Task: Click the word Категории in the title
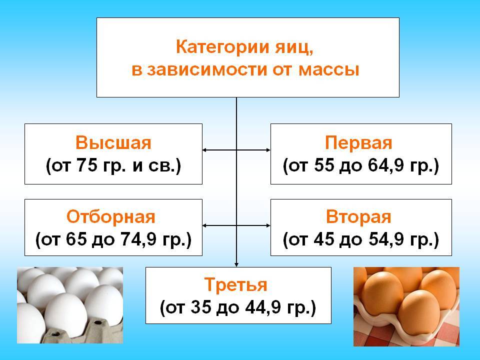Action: coord(223,48)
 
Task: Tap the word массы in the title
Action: coord(328,69)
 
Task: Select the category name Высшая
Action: coord(113,142)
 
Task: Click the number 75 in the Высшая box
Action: coord(87,165)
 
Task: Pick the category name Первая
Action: coord(358,142)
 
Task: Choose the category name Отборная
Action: coord(111,216)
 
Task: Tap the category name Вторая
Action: coord(358,216)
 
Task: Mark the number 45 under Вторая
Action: coord(324,239)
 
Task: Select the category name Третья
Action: coord(235,284)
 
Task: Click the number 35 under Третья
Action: coord(201,307)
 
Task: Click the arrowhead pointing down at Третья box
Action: coord(236,264)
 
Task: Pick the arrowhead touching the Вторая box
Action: coord(268,225)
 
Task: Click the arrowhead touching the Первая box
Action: coord(268,150)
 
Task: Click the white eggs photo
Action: coord(70,305)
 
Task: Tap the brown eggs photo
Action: coord(406,306)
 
